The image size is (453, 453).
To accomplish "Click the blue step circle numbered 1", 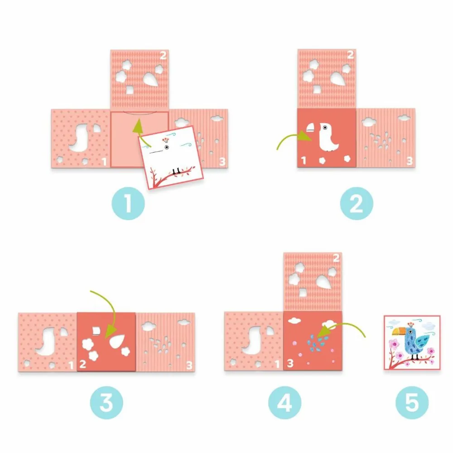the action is coord(128,203).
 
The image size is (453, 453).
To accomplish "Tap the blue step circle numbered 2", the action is coord(357,203).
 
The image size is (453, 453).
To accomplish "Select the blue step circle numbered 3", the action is coord(106,403).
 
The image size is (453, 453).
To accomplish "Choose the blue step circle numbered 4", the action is coord(285,403).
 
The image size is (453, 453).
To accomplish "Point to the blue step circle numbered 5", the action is coord(412,403).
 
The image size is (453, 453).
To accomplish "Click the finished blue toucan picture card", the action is coord(412,342).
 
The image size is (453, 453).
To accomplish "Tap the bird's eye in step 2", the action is coord(325,127).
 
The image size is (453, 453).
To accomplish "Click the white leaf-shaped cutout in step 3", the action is coord(118,341).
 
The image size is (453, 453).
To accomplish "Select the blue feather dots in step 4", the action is coord(317,342).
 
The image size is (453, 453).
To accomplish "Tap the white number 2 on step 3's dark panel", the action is coord(83,364).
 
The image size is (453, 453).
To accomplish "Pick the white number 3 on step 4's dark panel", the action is coord(290,363).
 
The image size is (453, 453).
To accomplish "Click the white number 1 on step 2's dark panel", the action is coord(304,160).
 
